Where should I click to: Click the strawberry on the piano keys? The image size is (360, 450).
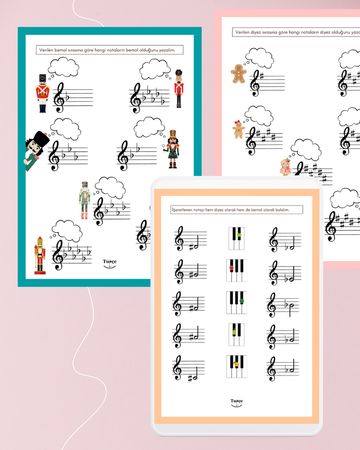click(231, 268)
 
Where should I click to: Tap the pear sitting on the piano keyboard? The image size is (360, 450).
click(234, 332)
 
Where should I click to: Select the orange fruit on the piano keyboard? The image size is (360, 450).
click(236, 364)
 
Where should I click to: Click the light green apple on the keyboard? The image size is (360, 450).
click(239, 235)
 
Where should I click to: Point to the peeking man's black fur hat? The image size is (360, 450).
click(41, 139)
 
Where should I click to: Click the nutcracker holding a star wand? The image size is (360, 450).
click(171, 149)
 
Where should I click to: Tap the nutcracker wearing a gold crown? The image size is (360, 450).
click(40, 255)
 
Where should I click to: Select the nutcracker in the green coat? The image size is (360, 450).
click(84, 200)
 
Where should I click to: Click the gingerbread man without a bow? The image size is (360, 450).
click(239, 74)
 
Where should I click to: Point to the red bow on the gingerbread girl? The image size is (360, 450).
click(238, 122)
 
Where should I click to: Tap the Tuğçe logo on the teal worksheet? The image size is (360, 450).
click(109, 263)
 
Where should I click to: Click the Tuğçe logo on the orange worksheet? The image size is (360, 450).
click(237, 402)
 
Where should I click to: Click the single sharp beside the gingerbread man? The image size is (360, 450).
click(261, 77)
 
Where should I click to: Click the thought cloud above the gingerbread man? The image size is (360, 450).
click(259, 58)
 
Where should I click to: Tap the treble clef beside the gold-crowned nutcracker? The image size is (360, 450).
click(58, 255)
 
